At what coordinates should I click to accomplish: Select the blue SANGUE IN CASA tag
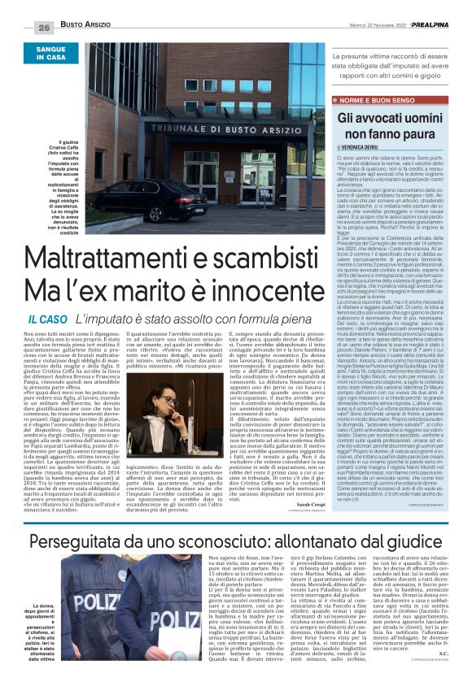tap(50, 54)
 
